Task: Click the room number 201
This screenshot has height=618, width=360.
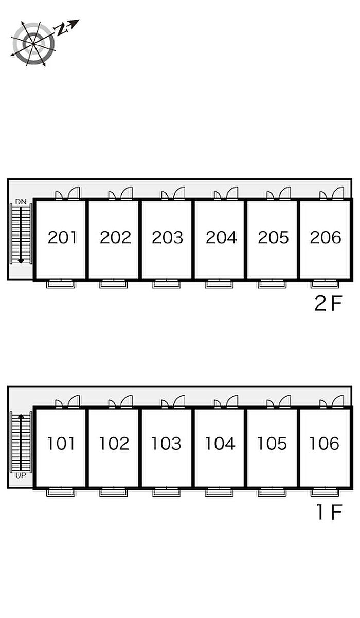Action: [62, 238]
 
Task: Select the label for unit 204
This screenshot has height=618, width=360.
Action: [221, 238]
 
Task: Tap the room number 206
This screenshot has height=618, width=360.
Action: [326, 238]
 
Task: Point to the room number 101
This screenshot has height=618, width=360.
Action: [61, 444]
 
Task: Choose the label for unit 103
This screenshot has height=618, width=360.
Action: [166, 444]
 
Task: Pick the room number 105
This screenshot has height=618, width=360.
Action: [272, 444]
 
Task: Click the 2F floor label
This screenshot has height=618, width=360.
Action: [328, 304]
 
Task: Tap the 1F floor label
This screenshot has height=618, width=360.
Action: [330, 512]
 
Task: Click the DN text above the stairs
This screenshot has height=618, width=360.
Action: [21, 202]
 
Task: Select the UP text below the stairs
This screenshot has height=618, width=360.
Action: [21, 475]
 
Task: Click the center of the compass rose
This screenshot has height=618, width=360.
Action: [33, 44]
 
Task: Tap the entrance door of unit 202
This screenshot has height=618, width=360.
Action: [127, 193]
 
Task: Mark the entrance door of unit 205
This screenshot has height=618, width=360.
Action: [285, 193]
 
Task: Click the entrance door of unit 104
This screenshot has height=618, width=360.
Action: [232, 401]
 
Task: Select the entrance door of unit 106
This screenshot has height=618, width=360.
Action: [338, 401]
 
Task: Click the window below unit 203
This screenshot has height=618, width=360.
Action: [166, 284]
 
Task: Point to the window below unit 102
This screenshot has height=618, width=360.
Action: [113, 492]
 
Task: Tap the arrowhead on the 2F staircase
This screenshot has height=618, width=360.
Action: [21, 261]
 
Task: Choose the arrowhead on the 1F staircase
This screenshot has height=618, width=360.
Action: [21, 416]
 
